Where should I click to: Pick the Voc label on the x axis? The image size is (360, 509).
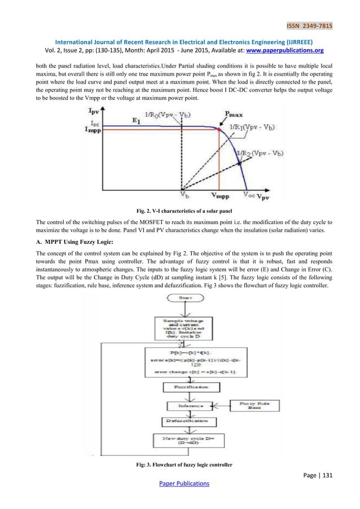point(248,195)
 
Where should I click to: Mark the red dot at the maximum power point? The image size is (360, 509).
point(220,130)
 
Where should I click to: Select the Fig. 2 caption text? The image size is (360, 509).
point(180,210)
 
